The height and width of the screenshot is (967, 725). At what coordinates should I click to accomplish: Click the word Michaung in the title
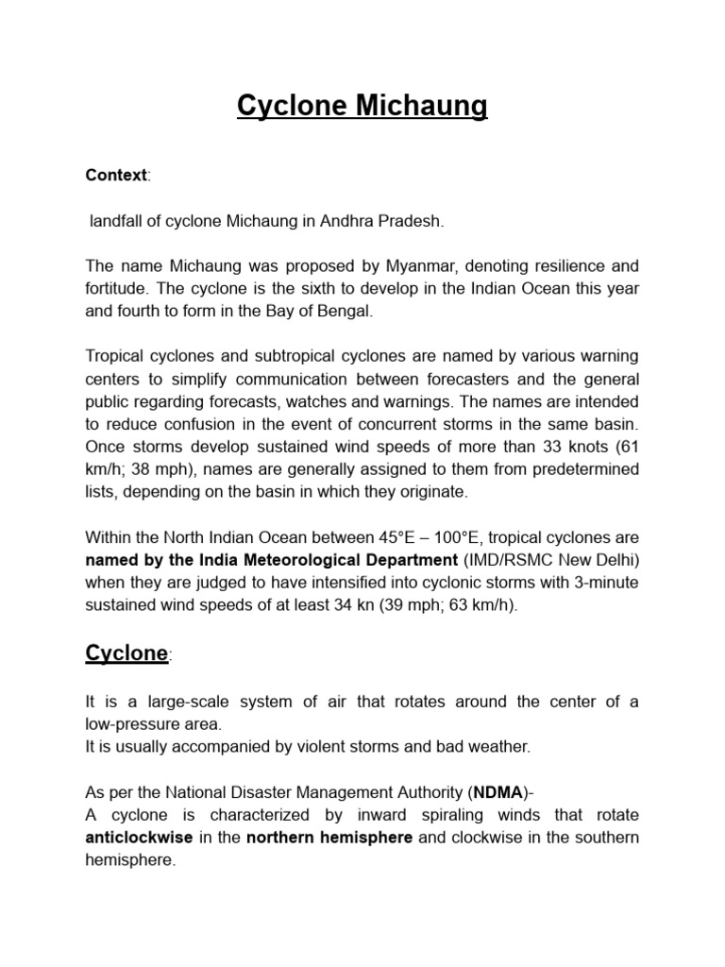click(x=417, y=107)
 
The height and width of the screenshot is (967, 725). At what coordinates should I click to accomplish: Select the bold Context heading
click(x=116, y=176)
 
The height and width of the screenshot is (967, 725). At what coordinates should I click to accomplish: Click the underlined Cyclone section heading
click(x=126, y=653)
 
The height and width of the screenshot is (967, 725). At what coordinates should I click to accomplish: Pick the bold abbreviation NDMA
click(x=498, y=792)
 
